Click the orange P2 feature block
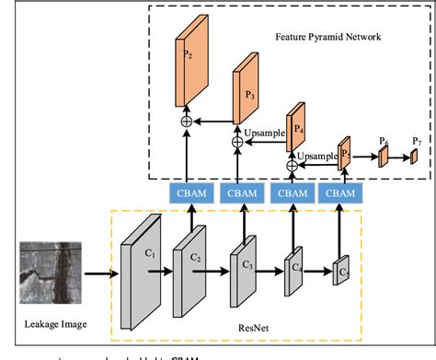click(x=189, y=64)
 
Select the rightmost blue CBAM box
click(x=340, y=193)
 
